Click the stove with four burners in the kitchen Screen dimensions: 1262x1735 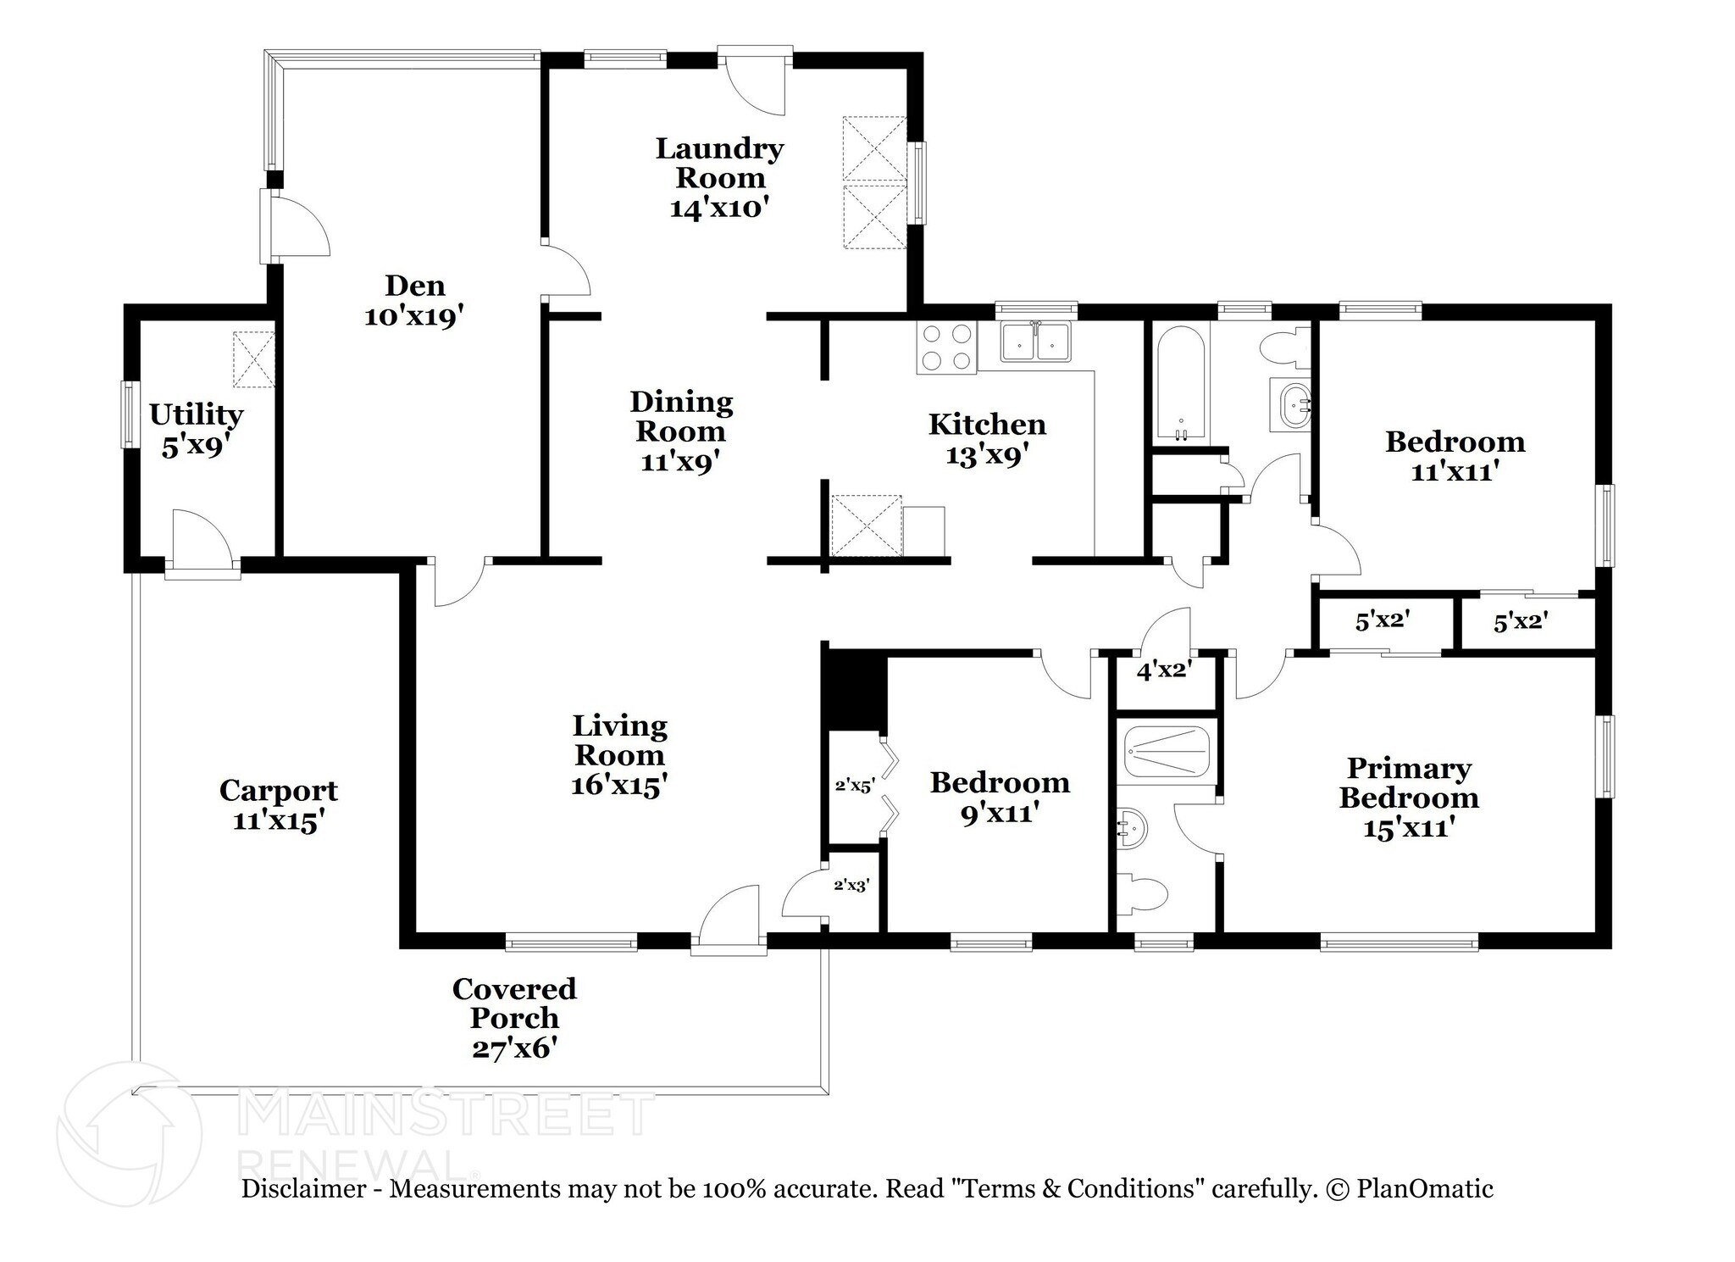point(946,348)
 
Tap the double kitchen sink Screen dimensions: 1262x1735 point(1035,342)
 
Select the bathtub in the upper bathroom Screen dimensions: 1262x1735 point(1178,382)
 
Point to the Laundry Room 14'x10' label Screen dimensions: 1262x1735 point(719,177)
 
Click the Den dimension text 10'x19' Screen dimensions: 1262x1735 point(414,316)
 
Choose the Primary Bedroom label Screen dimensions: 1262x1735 point(1409,797)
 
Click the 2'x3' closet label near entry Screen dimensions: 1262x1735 point(851,886)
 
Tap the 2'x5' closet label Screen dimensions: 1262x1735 point(854,786)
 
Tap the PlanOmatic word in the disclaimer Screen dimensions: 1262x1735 point(1425,1189)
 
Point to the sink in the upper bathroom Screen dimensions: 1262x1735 point(1294,406)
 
